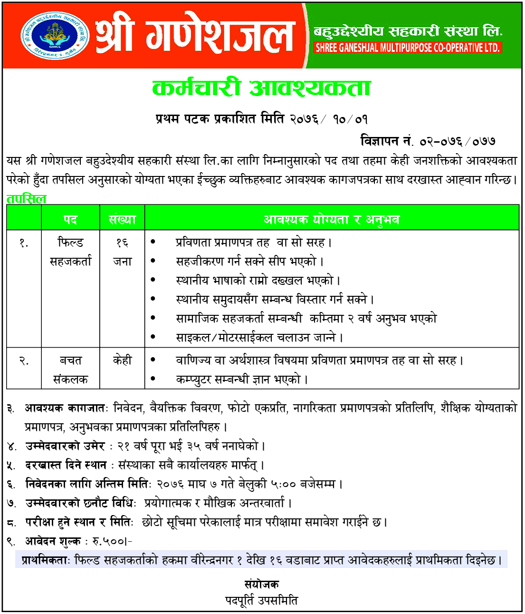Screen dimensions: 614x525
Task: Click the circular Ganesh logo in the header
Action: pos(55,36)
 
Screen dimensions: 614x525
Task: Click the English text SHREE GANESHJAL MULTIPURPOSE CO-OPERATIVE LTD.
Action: pos(408,48)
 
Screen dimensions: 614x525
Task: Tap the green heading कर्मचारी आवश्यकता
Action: pos(261,88)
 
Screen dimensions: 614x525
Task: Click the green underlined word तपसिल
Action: pos(27,199)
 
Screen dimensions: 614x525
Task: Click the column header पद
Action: pos(70,219)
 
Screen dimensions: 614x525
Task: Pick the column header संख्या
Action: pos(122,219)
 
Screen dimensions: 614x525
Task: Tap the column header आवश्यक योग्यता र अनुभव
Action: pos(331,219)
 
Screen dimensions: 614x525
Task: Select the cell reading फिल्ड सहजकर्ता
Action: pos(70,252)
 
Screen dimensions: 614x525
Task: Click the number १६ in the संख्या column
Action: pos(122,243)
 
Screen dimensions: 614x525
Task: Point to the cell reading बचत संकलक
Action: pos(70,370)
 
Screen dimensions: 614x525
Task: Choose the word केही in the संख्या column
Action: pos(122,361)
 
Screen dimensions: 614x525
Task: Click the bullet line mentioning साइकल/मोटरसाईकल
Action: pos(259,338)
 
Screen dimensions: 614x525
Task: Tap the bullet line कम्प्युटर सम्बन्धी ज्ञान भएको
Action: pos(242,380)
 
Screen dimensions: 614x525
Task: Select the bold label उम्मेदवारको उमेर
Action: pos(65,446)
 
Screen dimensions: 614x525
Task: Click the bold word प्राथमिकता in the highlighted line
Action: pos(46,560)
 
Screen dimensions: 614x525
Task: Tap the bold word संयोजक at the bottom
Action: pos(262,585)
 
